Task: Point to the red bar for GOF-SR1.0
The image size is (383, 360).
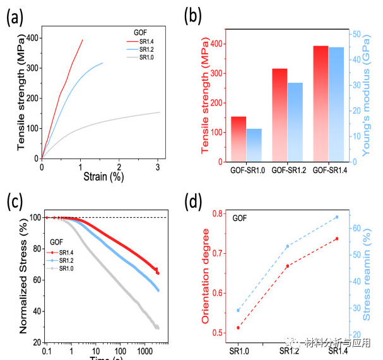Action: click(239, 139)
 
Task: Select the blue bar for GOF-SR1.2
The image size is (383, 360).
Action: click(295, 122)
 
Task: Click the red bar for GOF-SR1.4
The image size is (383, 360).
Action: click(321, 104)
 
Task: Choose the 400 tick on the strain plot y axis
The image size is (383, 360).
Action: click(30, 38)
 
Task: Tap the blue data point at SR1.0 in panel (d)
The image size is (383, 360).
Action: click(238, 310)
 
